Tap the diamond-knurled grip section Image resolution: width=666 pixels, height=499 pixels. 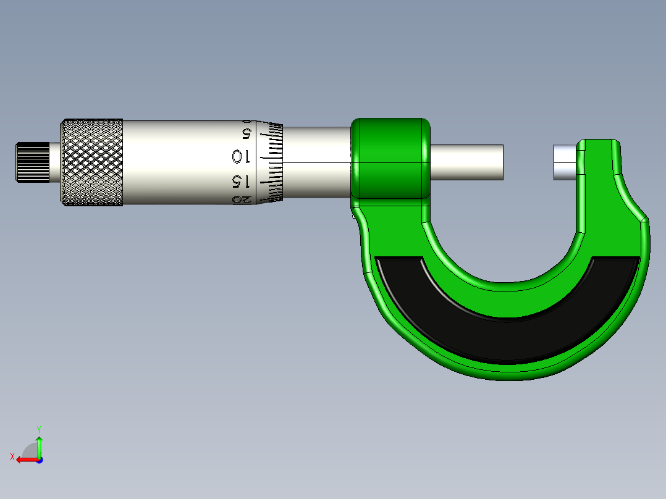pyautogui.click(x=91, y=162)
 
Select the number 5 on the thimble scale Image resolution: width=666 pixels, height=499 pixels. pyautogui.click(x=246, y=133)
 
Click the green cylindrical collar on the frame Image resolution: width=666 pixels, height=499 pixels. pyautogui.click(x=390, y=158)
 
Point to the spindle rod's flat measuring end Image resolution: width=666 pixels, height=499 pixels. pyautogui.click(x=501, y=162)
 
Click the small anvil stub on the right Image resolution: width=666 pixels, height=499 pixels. pyautogui.click(x=564, y=162)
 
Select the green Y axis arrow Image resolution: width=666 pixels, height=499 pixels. pyautogui.click(x=39, y=446)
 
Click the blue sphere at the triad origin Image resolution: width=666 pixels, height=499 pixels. pyautogui.click(x=39, y=460)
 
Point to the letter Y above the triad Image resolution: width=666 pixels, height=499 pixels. pyautogui.click(x=38, y=429)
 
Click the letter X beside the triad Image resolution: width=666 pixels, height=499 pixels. pyautogui.click(x=12, y=456)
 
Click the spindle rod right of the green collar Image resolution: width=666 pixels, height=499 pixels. pyautogui.click(x=466, y=162)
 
